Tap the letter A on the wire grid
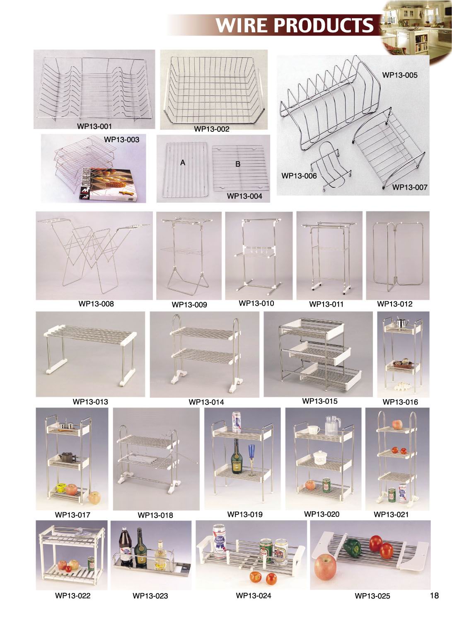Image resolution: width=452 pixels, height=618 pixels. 183,163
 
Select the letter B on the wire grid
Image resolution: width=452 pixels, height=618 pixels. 238,164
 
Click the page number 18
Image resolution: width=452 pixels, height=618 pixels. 434,596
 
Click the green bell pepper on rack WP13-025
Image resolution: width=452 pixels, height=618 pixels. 352,548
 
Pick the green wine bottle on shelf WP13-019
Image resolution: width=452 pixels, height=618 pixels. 237,458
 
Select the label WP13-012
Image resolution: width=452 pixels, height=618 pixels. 394,304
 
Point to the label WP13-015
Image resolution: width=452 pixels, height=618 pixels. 319,401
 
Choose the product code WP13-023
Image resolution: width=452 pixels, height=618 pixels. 150,596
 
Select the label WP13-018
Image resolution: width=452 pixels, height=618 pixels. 155,515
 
